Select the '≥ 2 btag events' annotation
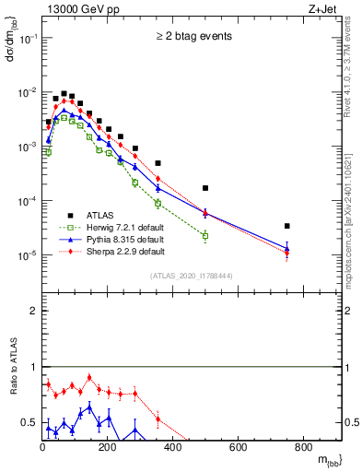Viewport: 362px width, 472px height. click(x=193, y=37)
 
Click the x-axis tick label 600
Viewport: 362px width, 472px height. click(x=238, y=448)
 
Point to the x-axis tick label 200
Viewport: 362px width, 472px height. click(x=107, y=448)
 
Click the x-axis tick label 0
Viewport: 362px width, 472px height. click(x=42, y=448)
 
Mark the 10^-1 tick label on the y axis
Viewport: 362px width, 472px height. click(x=26, y=39)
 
